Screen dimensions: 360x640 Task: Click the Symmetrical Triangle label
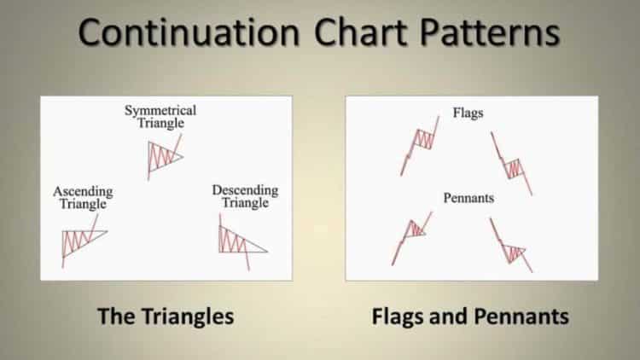[x=160, y=117]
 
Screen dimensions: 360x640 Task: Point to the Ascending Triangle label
[x=83, y=197]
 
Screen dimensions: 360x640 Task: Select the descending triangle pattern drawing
[x=240, y=240]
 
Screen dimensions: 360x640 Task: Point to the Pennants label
[x=468, y=197]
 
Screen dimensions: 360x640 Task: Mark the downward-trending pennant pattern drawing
[x=512, y=248]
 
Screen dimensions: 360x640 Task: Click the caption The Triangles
[x=166, y=316]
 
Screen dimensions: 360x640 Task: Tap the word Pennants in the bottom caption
[x=521, y=316]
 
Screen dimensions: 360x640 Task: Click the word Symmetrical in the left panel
[x=160, y=111]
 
